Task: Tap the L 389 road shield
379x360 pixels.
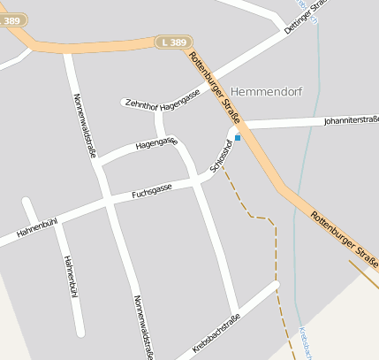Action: coord(174,42)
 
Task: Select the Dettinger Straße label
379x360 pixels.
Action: coord(306,17)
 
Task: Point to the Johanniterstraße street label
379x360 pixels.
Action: coord(351,119)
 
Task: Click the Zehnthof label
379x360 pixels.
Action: coord(141,102)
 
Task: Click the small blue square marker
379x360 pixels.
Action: coord(237,137)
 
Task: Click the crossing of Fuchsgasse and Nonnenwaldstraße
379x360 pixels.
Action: coord(109,202)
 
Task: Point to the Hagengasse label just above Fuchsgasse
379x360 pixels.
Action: coord(156,142)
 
